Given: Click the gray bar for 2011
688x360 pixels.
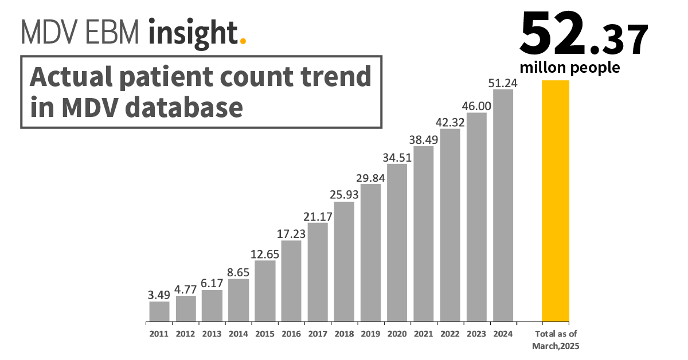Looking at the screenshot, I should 159,311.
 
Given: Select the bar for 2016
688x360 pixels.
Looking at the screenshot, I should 291,281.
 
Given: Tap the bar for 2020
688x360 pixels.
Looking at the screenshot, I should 397,242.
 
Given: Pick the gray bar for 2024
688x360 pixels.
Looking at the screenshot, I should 503,205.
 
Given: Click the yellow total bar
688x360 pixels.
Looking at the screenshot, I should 556,201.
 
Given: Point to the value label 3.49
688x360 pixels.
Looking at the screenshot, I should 159,295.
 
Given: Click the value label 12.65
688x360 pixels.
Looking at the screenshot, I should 265,254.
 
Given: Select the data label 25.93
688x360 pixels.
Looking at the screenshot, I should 344,195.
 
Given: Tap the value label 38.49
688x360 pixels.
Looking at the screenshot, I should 424,139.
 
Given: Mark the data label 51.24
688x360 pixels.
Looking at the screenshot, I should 503,83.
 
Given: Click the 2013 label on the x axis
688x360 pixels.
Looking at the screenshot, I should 212,334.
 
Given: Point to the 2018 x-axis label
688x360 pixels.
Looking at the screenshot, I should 344,334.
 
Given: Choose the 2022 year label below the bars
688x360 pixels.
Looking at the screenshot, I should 450,334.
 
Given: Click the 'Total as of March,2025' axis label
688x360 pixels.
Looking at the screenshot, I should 556,340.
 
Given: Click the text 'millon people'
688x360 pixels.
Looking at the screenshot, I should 569,68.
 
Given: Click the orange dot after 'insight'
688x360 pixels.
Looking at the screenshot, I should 243,41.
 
